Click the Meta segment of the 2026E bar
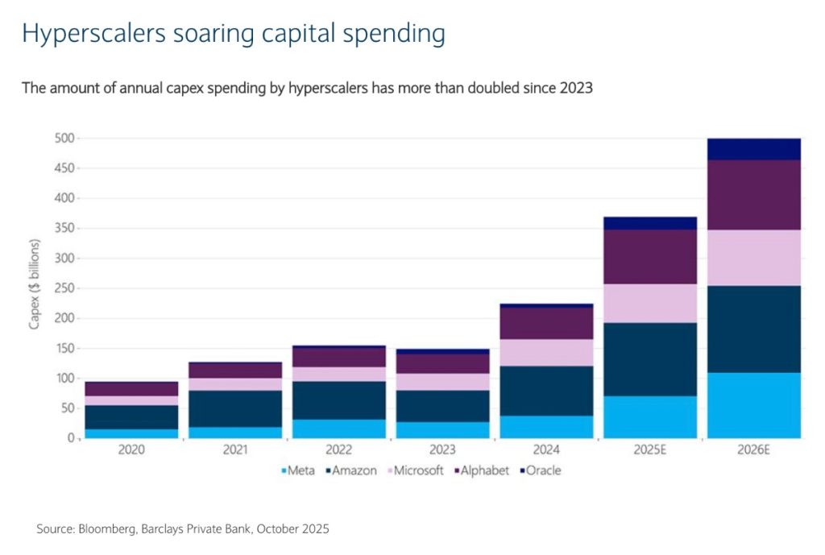point(754,405)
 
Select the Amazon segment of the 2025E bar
point(650,359)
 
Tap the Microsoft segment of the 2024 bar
point(546,352)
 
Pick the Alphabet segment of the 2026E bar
point(754,195)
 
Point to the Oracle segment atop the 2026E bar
point(754,149)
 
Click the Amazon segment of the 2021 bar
point(235,408)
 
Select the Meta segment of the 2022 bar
point(339,429)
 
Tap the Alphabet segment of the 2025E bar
point(650,257)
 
